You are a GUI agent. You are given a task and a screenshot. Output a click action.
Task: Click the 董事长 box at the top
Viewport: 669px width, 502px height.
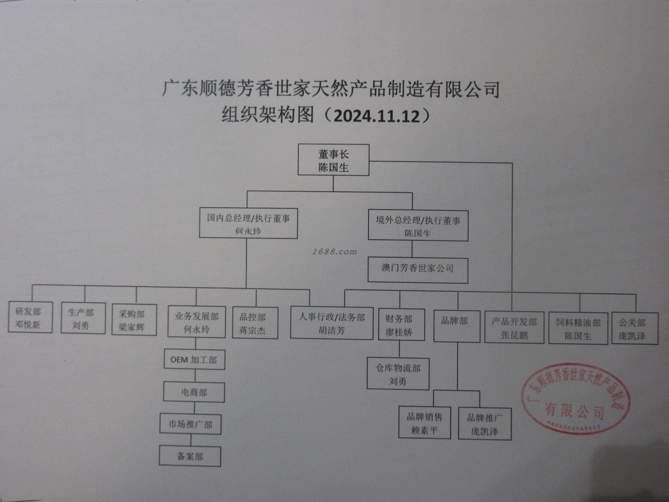pyautogui.click(x=333, y=160)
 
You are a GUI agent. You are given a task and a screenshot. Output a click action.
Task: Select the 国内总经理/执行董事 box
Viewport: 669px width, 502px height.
pyautogui.click(x=248, y=223)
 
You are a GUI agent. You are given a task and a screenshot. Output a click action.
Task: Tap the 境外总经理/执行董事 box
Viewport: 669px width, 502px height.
pyautogui.click(x=418, y=226)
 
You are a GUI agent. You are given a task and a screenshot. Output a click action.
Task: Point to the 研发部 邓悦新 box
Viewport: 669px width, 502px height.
pyautogui.click(x=30, y=317)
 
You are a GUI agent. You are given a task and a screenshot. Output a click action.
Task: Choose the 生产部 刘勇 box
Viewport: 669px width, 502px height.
pyautogui.click(x=83, y=318)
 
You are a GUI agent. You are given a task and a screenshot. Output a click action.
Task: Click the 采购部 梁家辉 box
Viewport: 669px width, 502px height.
pyautogui.click(x=134, y=320)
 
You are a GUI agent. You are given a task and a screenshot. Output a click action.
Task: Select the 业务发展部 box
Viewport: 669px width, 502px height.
pyautogui.click(x=196, y=322)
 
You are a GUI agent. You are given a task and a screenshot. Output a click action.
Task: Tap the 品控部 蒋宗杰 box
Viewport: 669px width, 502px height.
pyautogui.click(x=255, y=323)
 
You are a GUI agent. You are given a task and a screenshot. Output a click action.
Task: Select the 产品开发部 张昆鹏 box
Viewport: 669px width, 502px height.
pyautogui.click(x=514, y=328)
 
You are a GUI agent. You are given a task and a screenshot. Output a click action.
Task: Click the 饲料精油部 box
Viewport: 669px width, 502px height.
pyautogui.click(x=578, y=329)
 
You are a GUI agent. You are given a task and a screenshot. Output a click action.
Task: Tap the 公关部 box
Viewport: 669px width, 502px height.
pyautogui.click(x=634, y=329)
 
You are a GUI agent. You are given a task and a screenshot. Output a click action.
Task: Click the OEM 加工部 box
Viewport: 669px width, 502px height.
pyautogui.click(x=194, y=360)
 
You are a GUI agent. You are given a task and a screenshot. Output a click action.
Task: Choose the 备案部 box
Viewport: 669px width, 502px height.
pyautogui.click(x=190, y=456)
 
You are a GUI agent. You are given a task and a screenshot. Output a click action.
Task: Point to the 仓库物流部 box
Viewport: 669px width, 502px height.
pyautogui.click(x=398, y=374)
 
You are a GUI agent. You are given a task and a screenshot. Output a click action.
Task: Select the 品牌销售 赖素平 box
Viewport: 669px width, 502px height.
pyautogui.click(x=424, y=423)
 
